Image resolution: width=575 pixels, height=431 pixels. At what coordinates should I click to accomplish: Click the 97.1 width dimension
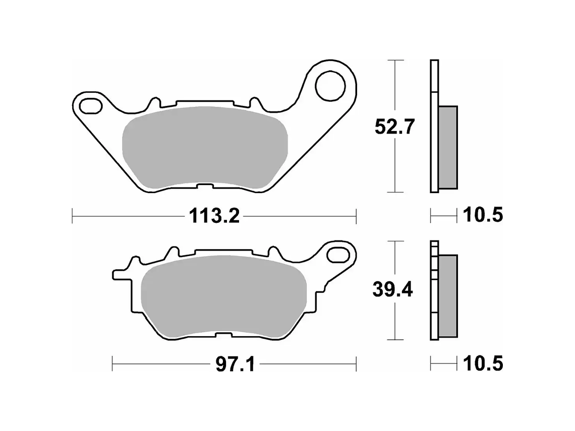tap(236, 363)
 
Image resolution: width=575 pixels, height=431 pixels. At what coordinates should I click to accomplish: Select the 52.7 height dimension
tap(394, 127)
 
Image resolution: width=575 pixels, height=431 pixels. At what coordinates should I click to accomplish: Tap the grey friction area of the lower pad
tap(222, 296)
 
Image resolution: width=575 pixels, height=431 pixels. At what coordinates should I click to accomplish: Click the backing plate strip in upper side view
tap(434, 126)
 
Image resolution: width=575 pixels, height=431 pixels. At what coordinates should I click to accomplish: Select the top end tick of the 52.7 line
tap(395, 60)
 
